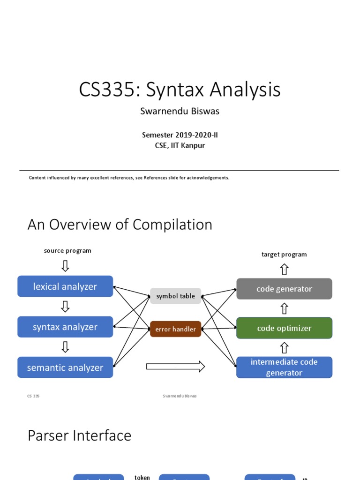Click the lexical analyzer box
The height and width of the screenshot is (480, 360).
click(x=65, y=286)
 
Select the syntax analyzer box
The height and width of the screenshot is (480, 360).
click(x=65, y=327)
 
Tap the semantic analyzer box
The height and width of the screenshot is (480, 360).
click(x=65, y=367)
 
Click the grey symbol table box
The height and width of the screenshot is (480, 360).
click(x=175, y=296)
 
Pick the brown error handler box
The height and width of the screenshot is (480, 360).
click(x=175, y=329)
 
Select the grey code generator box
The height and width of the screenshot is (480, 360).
click(x=284, y=289)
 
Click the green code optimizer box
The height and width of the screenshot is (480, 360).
click(x=284, y=328)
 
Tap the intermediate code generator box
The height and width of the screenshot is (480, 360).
click(x=284, y=367)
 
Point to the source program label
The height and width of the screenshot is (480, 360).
click(x=67, y=251)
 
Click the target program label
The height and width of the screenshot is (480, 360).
click(x=284, y=255)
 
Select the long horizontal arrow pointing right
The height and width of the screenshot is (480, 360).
click(x=175, y=367)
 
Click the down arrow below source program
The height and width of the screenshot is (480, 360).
click(x=65, y=266)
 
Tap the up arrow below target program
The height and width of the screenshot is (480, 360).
click(x=284, y=269)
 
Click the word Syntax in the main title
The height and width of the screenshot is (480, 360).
click(x=175, y=90)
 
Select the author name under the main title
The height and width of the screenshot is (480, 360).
click(x=180, y=112)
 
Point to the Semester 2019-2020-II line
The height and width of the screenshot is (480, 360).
click(x=180, y=135)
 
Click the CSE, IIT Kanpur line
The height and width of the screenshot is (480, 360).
click(x=180, y=145)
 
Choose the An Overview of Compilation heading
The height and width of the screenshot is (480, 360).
click(x=120, y=225)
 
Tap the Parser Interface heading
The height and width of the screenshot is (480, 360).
click(x=79, y=435)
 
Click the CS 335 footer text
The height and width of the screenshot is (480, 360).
click(x=33, y=396)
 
